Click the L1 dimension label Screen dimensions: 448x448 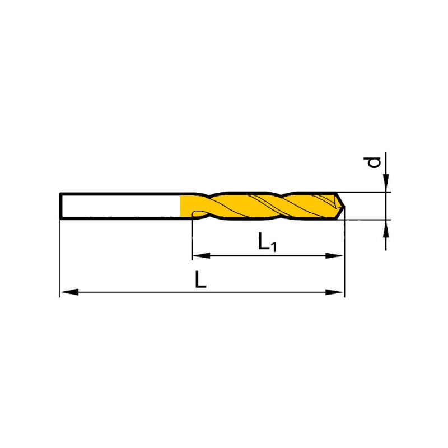(x=267, y=242)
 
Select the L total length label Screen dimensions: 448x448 (x=200, y=279)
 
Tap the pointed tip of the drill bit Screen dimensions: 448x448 (x=344, y=206)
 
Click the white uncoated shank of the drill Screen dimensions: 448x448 (x=120, y=206)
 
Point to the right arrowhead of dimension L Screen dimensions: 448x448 (x=334, y=292)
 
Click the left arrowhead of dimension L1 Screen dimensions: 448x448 (x=202, y=256)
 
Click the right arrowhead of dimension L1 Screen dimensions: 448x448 (x=334, y=256)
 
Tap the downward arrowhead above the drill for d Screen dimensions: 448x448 (x=386, y=183)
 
